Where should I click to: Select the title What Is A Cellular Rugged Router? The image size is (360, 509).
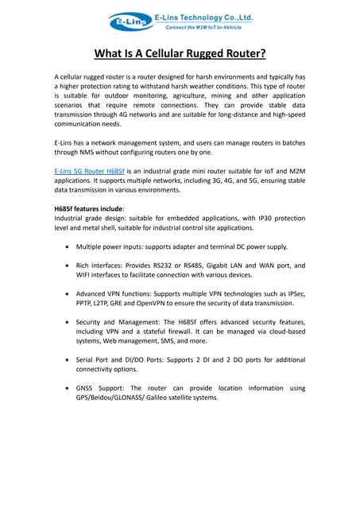point(180,54)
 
